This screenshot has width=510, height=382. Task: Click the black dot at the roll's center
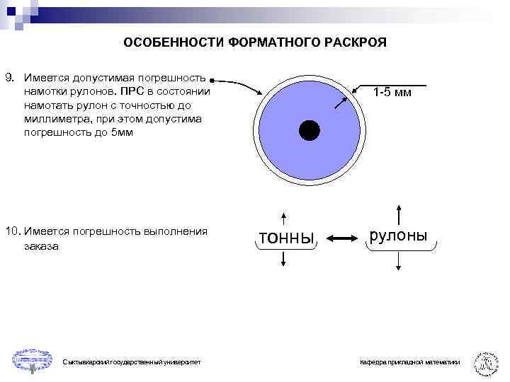coord(309,131)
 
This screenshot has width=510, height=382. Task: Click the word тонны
coord(287,238)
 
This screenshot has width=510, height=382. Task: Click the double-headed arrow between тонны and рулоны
coord(344,239)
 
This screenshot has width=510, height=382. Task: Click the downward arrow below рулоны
coord(399,262)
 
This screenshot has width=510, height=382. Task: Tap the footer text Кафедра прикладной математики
coord(409,362)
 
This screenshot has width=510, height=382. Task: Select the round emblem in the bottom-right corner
coord(486,361)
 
